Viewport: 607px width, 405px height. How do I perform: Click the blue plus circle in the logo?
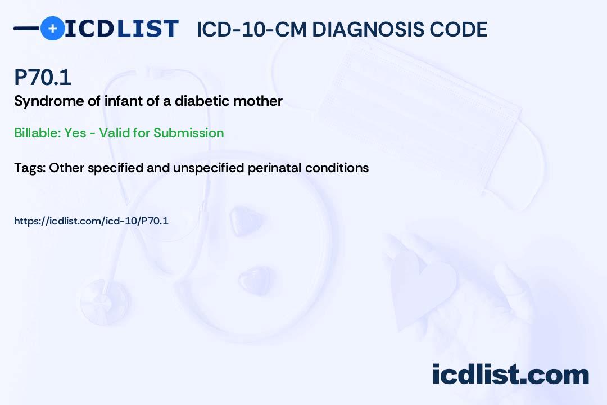click(52, 28)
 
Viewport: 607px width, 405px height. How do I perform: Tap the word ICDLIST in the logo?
click(121, 29)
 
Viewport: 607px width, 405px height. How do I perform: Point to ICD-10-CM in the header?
click(252, 29)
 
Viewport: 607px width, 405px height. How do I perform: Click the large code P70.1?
click(43, 77)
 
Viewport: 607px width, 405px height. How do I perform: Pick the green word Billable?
click(37, 133)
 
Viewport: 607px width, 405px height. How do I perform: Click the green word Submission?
click(188, 133)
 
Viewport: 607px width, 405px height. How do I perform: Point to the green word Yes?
click(75, 133)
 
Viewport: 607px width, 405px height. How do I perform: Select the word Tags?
click(30, 168)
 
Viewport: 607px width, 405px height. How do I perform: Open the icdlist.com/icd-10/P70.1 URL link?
click(92, 221)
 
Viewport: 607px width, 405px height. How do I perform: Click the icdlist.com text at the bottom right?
click(510, 375)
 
